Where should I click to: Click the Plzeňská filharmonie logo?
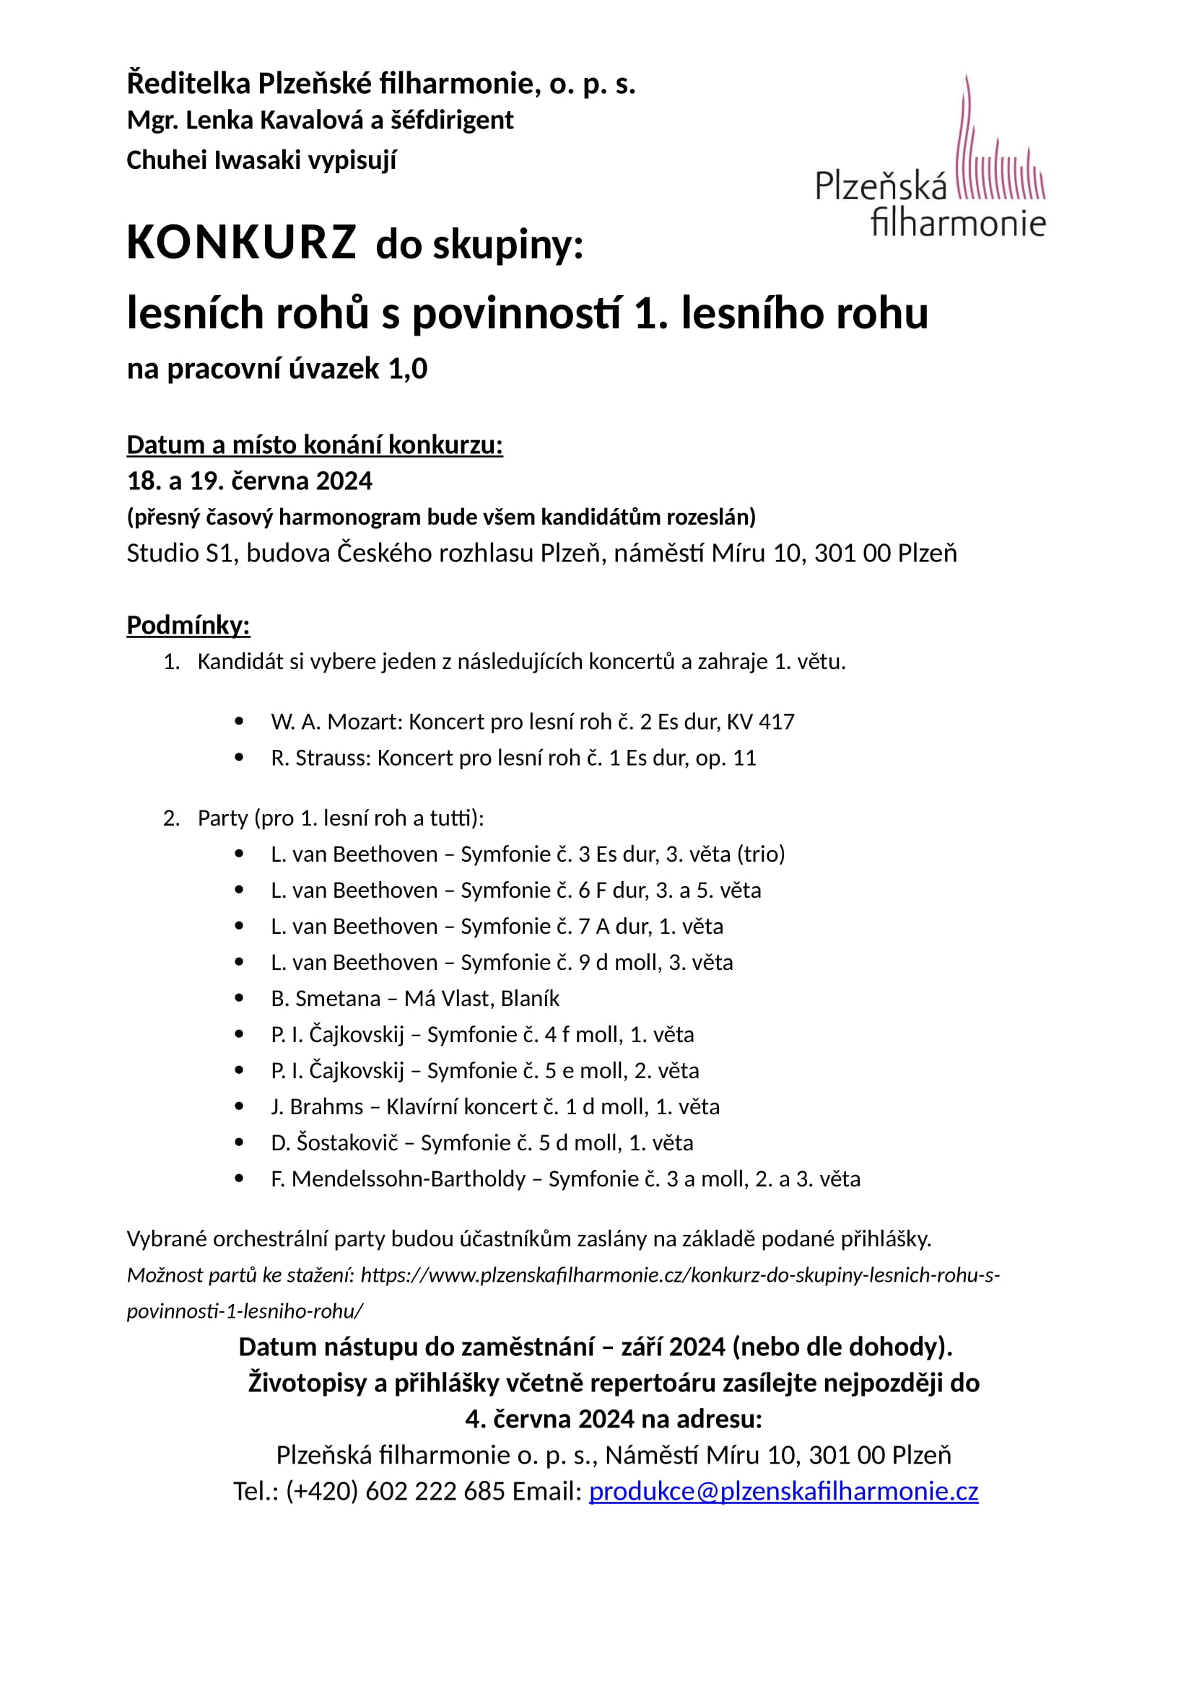coord(930,158)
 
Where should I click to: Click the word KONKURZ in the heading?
coord(241,242)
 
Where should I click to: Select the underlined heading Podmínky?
coord(188,625)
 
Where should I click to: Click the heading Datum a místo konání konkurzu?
coord(315,445)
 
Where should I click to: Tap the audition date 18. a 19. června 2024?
coord(249,481)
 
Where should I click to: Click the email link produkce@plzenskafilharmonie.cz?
coord(783,1491)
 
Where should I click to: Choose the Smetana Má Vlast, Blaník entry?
coord(414,998)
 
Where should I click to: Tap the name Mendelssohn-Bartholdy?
coord(408,1178)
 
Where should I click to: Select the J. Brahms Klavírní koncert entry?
coord(494,1106)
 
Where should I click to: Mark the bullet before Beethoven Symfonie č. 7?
coord(239,927)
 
